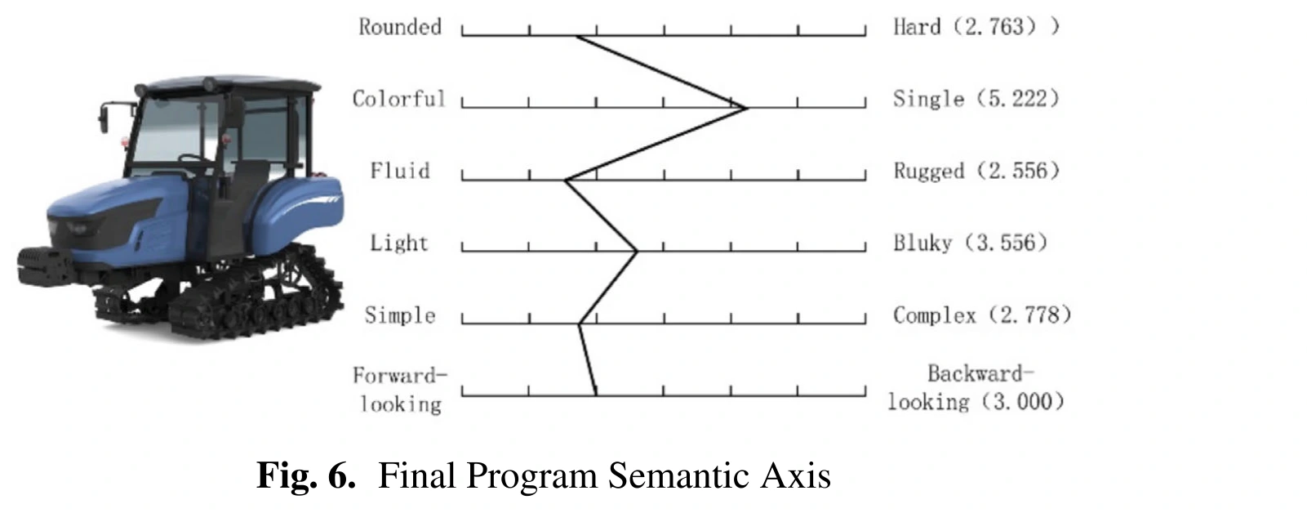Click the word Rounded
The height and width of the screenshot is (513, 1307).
(400, 27)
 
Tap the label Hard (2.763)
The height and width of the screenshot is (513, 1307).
(976, 27)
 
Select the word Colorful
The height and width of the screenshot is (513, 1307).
(399, 99)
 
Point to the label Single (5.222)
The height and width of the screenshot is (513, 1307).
(976, 99)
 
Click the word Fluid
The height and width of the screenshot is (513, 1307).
(400, 171)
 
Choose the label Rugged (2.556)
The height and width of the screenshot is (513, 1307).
(976, 171)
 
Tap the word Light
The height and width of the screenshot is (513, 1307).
(399, 243)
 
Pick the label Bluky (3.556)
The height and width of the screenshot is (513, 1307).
(971, 243)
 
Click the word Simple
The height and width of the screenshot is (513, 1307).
(400, 316)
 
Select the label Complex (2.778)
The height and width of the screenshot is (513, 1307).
(983, 316)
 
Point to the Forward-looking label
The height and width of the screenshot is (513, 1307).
(400, 390)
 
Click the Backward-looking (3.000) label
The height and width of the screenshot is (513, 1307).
(976, 387)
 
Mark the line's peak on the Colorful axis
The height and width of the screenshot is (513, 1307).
(745, 107)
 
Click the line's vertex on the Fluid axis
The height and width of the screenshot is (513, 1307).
(566, 181)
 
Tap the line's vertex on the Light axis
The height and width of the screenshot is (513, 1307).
(637, 252)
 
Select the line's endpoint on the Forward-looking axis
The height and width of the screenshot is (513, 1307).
(596, 395)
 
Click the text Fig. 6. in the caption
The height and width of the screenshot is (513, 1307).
(306, 475)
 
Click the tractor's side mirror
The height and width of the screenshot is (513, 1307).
(104, 118)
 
